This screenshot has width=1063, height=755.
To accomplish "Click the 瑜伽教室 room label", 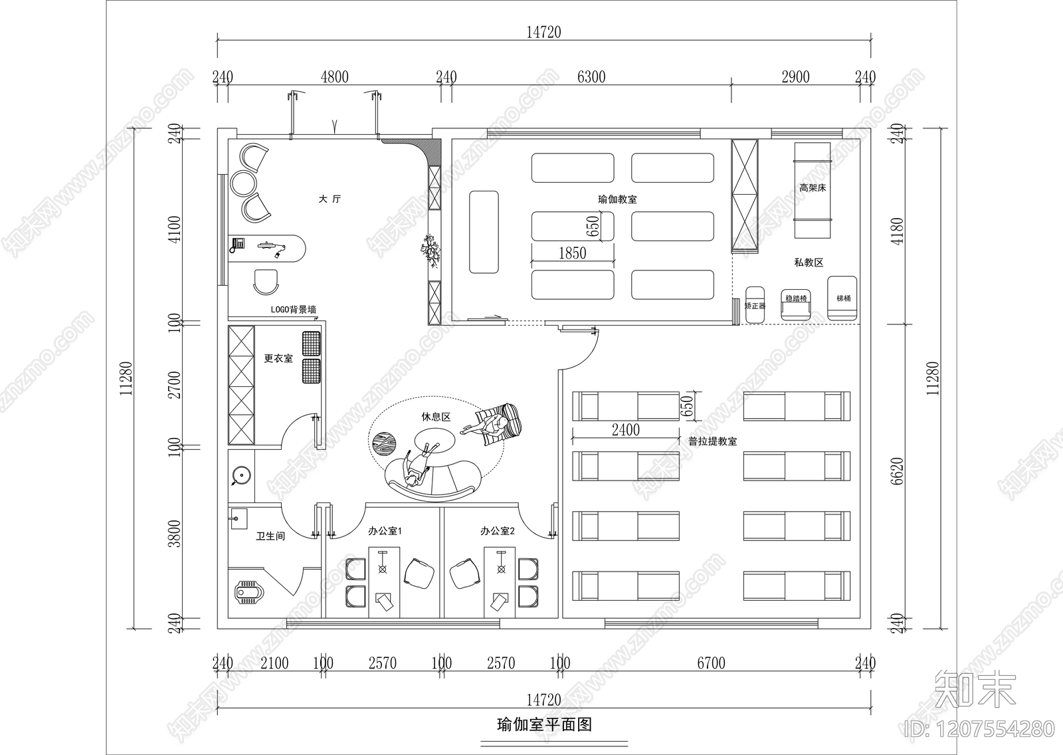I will click(618, 199).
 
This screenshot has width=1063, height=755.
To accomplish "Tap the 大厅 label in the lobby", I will click(330, 199).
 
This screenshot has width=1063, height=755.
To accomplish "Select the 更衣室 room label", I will click(278, 359).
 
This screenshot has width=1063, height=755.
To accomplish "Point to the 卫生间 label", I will click(270, 536).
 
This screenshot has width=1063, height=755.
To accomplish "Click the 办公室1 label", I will click(385, 531).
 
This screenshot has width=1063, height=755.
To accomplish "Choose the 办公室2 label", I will click(498, 531).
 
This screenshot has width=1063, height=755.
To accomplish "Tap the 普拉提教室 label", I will click(712, 441).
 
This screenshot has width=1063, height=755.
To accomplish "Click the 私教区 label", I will click(809, 263).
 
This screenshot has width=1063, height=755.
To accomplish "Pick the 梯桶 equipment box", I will click(843, 298).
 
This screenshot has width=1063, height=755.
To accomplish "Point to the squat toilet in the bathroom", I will click(250, 592).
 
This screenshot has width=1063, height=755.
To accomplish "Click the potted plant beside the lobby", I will click(431, 251).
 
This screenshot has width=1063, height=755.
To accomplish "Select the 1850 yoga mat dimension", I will click(572, 253).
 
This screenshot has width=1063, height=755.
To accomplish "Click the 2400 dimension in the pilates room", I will click(625, 430).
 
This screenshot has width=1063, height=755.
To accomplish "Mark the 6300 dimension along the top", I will click(591, 77).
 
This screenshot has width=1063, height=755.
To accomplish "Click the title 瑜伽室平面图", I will click(544, 724).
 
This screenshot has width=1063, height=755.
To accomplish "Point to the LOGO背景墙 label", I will click(293, 310).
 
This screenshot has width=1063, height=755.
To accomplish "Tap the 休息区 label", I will click(436, 417).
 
